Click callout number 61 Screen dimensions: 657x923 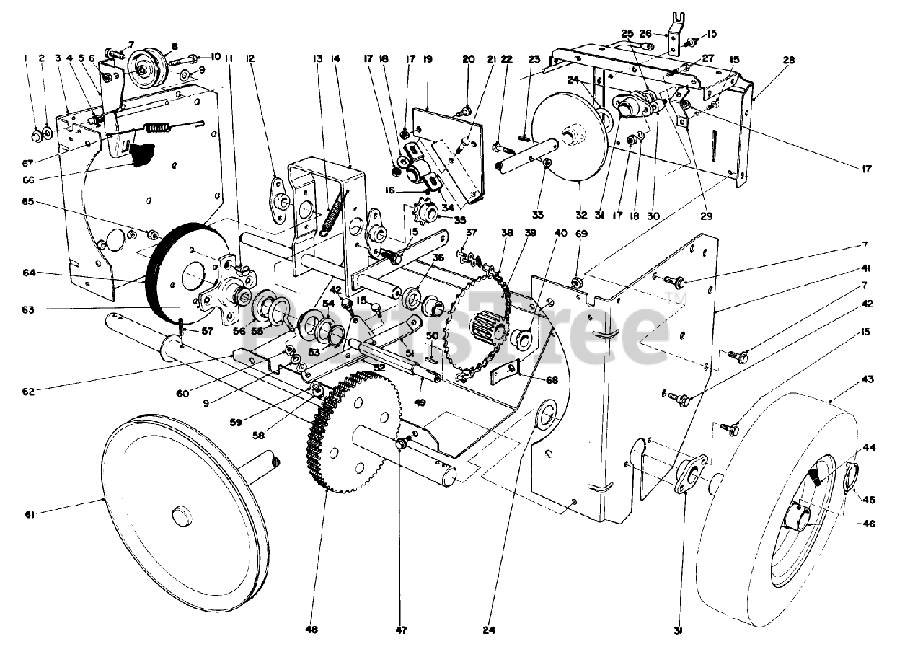(29, 513)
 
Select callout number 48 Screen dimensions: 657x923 (312, 630)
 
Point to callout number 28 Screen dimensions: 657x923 (788, 61)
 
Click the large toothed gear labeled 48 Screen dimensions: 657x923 (353, 433)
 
